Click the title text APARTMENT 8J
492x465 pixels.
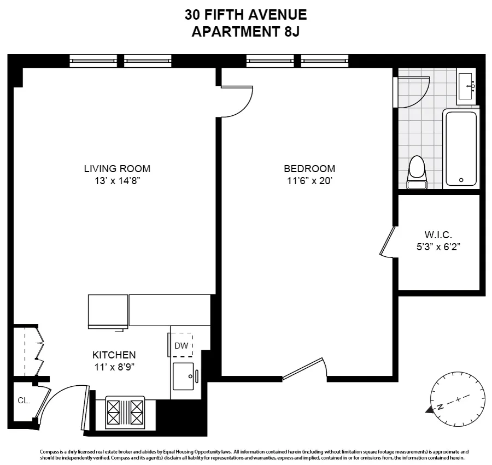[245, 32]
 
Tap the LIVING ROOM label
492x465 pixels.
[117, 168]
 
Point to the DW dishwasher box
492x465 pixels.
[181, 345]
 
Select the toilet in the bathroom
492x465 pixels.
[417, 172]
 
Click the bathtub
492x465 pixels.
[461, 148]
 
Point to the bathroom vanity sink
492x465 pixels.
[467, 86]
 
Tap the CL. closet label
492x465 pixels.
[24, 401]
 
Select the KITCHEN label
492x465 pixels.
[114, 355]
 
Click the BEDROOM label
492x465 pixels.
[309, 168]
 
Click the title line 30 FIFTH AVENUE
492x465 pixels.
[245, 15]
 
